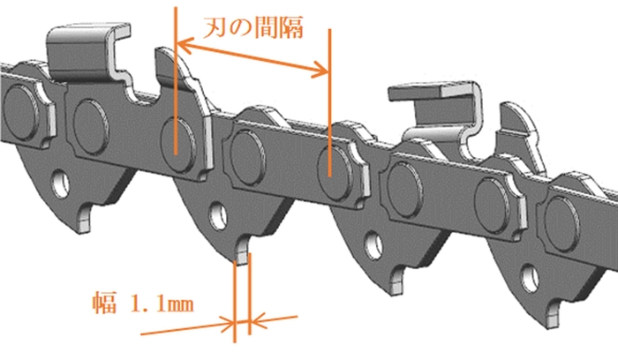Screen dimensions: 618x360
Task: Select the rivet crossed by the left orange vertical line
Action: coord(178,144)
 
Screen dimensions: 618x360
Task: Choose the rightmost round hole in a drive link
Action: coord(530,279)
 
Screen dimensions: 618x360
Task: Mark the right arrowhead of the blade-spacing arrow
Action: coord(320,70)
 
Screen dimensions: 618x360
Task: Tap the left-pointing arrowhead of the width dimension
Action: coord(257,321)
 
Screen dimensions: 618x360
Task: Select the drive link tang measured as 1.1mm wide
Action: coord(243,250)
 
